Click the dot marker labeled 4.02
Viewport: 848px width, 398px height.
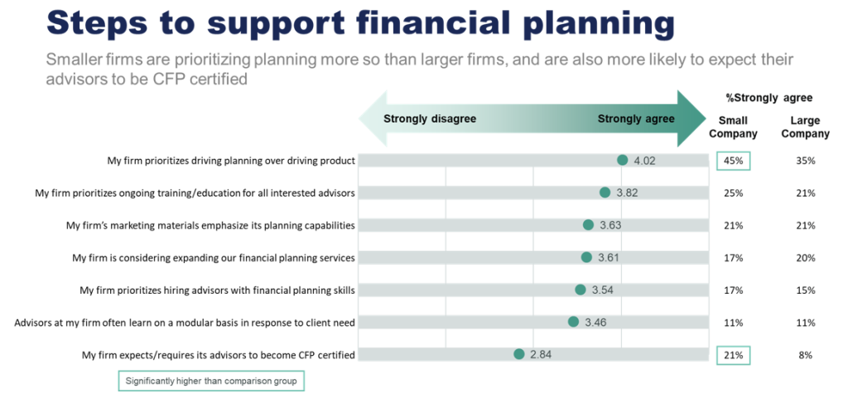(x=622, y=161)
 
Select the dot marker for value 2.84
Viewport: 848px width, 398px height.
(x=518, y=355)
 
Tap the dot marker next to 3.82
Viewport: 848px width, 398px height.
(x=605, y=193)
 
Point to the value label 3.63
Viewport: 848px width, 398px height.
(x=610, y=225)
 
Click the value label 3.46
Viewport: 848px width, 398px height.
(x=595, y=323)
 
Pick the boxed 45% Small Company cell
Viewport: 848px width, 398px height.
(x=733, y=161)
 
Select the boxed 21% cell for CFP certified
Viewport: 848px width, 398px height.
(x=733, y=355)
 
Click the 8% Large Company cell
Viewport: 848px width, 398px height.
(x=805, y=355)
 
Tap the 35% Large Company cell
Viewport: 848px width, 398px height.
(x=805, y=161)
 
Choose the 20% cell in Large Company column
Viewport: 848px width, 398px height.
(x=805, y=257)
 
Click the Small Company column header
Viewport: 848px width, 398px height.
(x=733, y=127)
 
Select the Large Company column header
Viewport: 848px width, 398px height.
(x=805, y=127)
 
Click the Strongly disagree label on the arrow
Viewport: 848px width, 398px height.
(x=430, y=118)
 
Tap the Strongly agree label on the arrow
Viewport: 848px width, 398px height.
(x=636, y=118)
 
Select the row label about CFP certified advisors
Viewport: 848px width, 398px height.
(x=218, y=355)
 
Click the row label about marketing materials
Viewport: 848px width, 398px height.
(x=210, y=225)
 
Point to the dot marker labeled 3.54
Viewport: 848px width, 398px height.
(x=581, y=290)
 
